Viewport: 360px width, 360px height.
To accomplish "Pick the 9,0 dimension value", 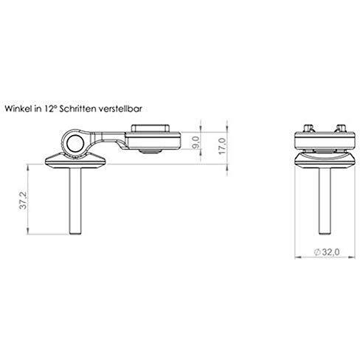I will pyautogui.click(x=195, y=140).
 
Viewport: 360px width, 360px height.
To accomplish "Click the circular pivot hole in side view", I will pyautogui.click(x=74, y=141).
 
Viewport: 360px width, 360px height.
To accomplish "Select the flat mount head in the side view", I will pyautogui.click(x=155, y=137).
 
